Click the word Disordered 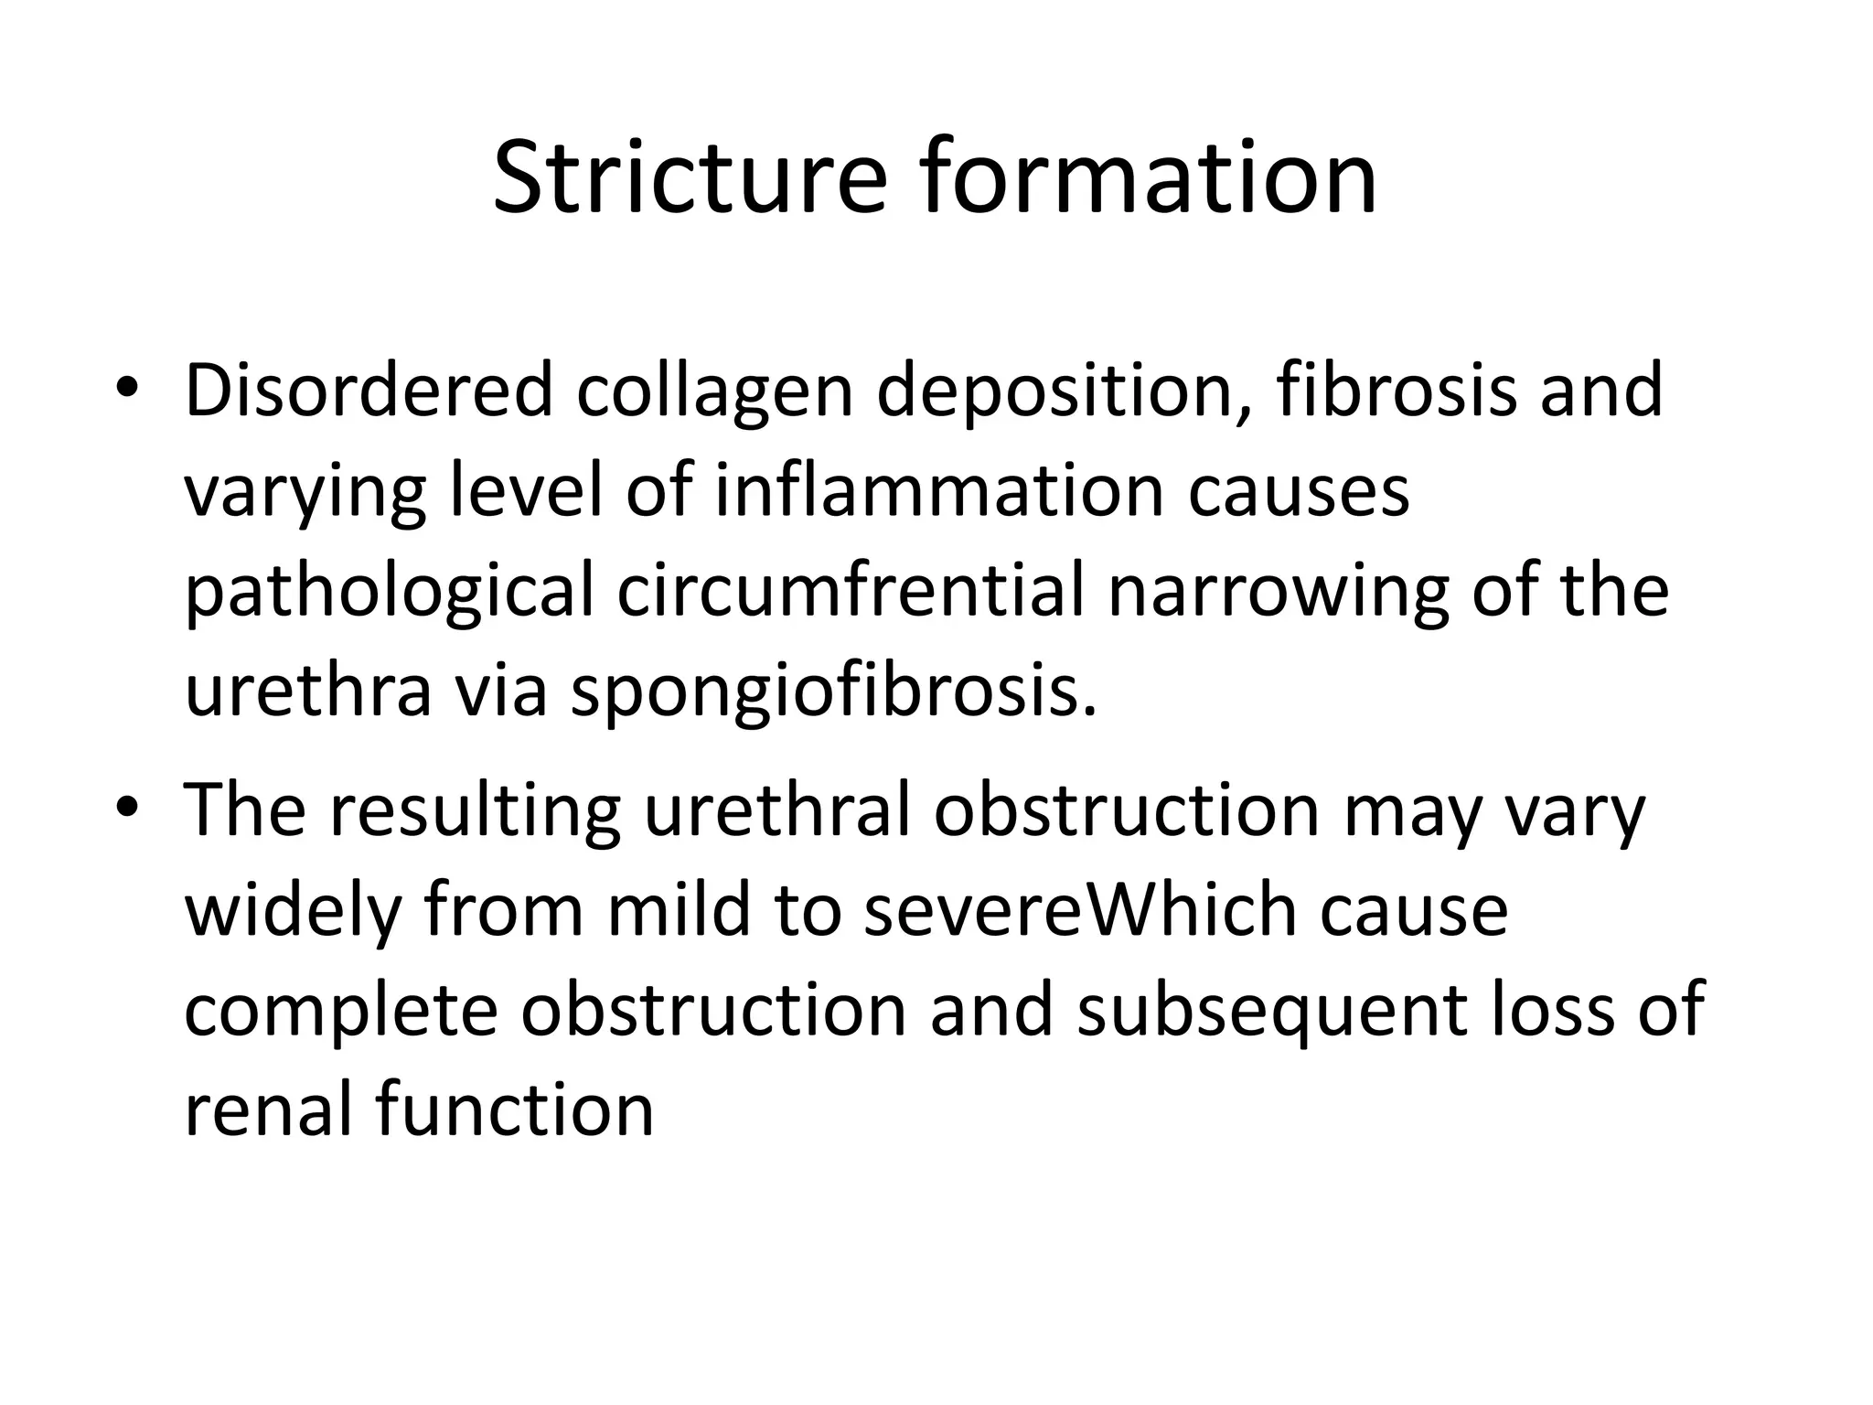[369, 391]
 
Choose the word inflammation [939, 490]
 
